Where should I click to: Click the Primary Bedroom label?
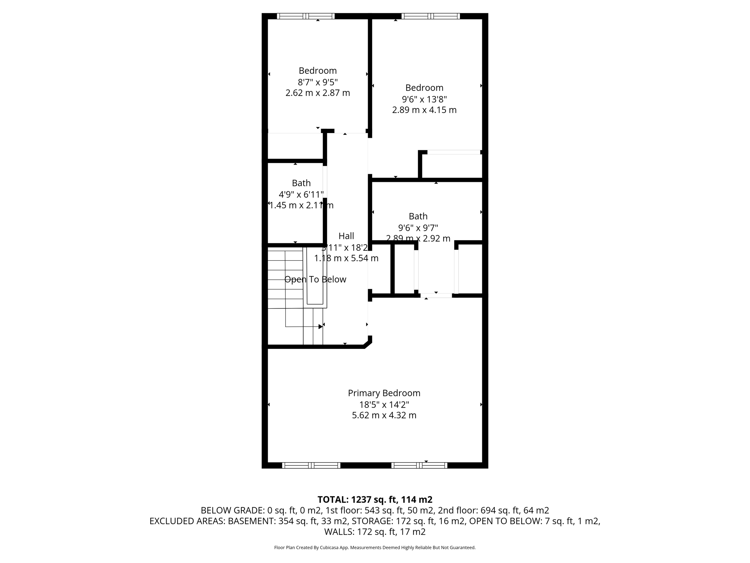384,393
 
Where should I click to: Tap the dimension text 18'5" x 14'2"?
384,405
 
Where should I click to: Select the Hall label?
346,236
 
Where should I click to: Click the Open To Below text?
315,279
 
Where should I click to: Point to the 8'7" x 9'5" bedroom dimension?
318,82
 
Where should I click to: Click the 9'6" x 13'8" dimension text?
424,99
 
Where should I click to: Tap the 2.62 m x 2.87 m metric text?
318,93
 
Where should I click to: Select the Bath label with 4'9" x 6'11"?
301,183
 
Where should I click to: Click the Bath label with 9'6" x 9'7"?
418,216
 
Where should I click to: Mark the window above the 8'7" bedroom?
306,16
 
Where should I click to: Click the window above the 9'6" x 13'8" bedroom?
430,16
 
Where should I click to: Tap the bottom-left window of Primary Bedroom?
311,465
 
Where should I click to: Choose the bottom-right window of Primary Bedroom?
419,465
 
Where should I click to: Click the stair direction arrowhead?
320,327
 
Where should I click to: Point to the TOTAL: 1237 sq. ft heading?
375,500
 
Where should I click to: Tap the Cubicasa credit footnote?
375,548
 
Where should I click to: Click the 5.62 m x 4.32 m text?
384,415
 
